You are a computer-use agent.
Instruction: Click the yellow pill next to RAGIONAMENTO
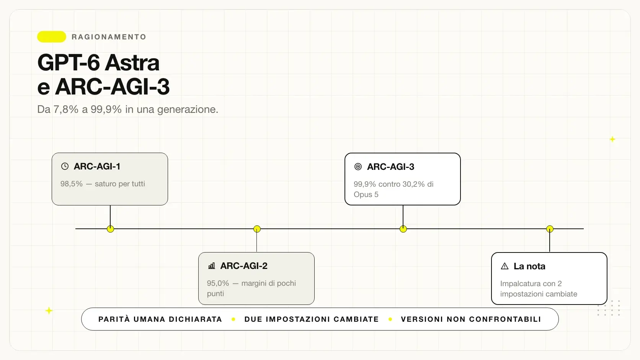[x=52, y=37]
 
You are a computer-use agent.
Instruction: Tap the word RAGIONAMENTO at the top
[x=109, y=37]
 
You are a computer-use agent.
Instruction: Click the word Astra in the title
[x=132, y=62]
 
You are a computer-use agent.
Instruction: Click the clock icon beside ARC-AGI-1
[x=65, y=166]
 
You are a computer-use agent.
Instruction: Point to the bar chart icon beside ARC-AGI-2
[x=211, y=266]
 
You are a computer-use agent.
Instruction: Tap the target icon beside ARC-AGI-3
[x=358, y=166]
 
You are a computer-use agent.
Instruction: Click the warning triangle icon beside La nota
[x=504, y=266]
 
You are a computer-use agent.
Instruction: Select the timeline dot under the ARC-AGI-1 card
[x=110, y=229]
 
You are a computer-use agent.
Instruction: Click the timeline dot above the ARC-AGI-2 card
[x=257, y=229]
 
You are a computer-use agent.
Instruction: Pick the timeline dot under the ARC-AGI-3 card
[x=403, y=229]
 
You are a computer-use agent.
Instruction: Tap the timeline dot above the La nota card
[x=550, y=229]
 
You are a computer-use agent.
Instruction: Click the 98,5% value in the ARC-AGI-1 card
[x=72, y=184]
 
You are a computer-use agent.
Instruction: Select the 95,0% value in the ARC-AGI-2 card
[x=218, y=283]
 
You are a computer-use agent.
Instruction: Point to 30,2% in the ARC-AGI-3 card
[x=413, y=184]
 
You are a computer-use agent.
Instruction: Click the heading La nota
[x=529, y=266]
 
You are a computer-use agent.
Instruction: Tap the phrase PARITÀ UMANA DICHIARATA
[x=160, y=319]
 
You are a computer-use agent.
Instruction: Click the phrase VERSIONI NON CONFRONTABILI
[x=471, y=319]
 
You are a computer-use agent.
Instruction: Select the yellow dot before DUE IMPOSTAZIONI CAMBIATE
[x=233, y=319]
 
